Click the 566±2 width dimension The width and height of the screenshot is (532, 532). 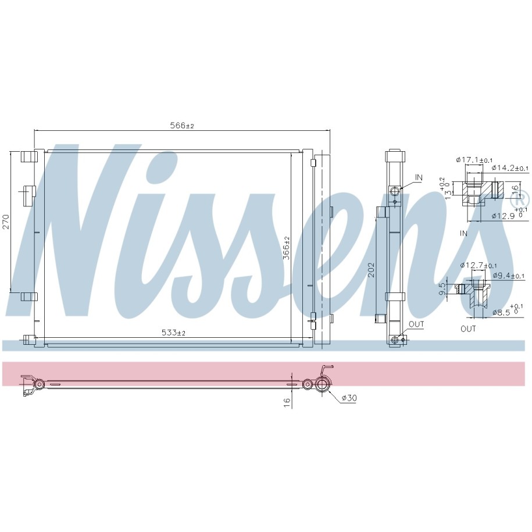click(182, 126)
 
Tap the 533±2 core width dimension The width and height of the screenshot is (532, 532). click(173, 333)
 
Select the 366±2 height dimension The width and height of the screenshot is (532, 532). click(287, 248)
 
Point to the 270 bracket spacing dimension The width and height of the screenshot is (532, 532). click(6, 222)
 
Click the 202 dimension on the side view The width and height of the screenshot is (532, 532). click(372, 269)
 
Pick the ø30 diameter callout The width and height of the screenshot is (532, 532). click(349, 398)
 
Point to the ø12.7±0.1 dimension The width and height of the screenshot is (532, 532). click(479, 265)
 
